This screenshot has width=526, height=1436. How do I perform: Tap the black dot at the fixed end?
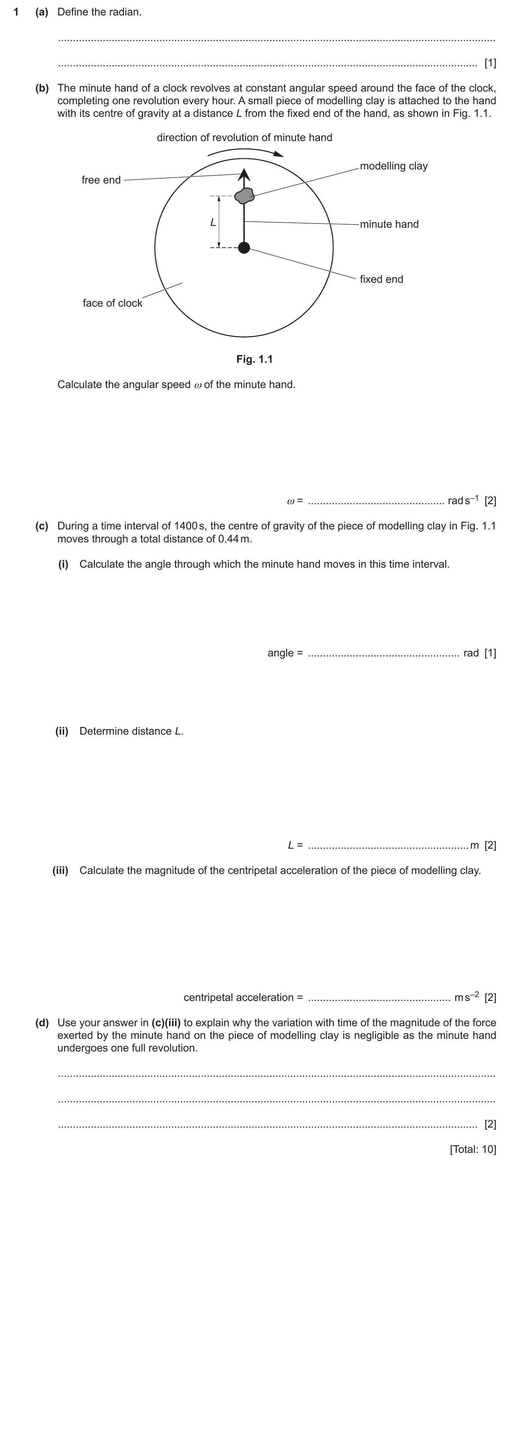(244, 247)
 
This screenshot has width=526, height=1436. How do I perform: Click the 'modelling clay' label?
(393, 166)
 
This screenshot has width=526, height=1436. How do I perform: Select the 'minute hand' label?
(389, 224)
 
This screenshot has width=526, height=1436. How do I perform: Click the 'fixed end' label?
(381, 279)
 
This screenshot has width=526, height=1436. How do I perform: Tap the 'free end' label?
(101, 180)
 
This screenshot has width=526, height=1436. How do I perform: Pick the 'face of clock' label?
(113, 303)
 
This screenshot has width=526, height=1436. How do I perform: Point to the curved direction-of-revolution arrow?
(245, 152)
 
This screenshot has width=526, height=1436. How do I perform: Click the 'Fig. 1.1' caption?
(255, 359)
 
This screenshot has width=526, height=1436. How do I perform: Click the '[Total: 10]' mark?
(472, 1149)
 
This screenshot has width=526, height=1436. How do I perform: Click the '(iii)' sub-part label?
(60, 870)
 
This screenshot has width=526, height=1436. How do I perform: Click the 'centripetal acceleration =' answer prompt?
(243, 997)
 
